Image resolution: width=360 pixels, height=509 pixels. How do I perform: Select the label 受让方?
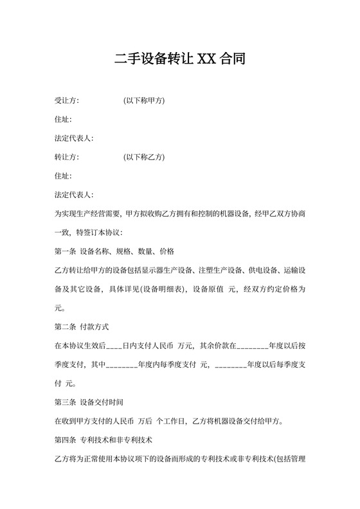point(67,101)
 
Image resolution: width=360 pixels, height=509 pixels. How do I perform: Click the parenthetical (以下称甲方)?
point(145,101)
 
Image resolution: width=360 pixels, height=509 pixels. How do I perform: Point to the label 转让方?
point(67,157)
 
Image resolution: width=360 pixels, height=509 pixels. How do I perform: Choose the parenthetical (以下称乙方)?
point(145,157)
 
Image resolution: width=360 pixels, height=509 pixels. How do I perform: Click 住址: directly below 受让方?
point(63,120)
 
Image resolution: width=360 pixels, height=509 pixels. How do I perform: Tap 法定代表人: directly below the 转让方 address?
point(75,194)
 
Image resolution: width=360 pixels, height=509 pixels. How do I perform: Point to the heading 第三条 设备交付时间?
point(93,404)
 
